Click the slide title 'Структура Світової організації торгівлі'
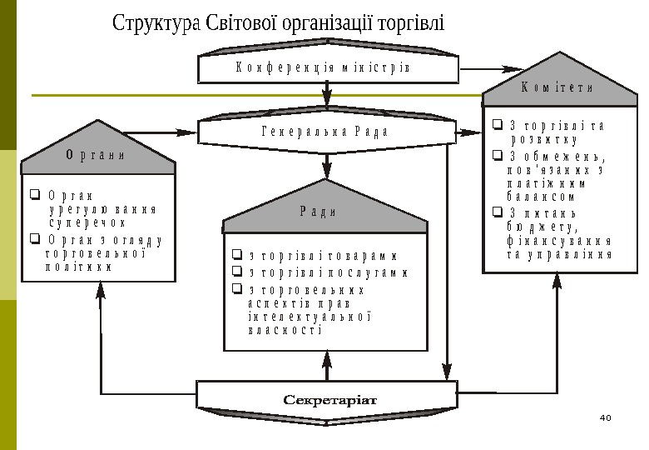pos(280,22)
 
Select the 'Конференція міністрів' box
pos(327,67)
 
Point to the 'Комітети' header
pos(557,87)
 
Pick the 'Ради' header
pos(318,210)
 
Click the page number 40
pos(604,417)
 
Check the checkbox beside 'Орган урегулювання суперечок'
pos(35,196)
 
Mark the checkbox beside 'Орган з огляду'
pos(35,240)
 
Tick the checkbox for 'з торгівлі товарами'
pos(237,256)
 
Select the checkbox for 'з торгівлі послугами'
pos(237,272)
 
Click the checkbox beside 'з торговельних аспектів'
pos(237,289)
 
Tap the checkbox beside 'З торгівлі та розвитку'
pos(496,126)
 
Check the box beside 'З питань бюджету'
pos(496,212)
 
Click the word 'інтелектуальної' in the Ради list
pos(308,317)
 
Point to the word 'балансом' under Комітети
pos(540,197)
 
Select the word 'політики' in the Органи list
pos(78,268)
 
